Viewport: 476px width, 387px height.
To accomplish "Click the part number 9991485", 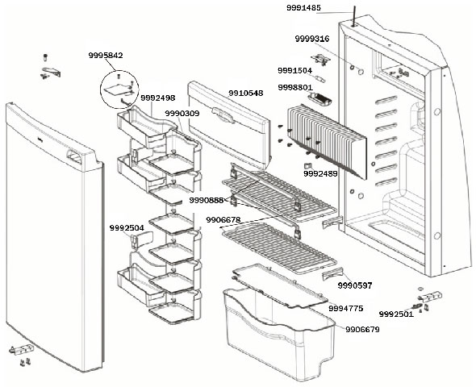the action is coord(303,8).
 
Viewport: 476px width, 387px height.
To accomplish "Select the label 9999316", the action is coord(312,39).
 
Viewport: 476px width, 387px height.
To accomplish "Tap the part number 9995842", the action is coord(106,55).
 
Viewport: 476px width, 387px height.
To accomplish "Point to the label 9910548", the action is coord(245,93).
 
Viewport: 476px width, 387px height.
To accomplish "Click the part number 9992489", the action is coord(320,173).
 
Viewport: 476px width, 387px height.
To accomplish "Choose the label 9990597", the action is coord(355,285).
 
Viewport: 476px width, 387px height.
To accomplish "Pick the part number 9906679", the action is coord(362,329).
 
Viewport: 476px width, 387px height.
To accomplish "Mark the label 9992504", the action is coord(127,228).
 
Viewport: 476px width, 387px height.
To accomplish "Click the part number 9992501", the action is coord(396,314).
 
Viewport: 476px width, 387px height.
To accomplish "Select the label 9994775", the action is coord(346,308).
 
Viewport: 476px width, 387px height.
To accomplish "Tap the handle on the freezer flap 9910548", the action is coord(223,114).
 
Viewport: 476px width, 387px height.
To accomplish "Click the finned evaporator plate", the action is coord(327,141).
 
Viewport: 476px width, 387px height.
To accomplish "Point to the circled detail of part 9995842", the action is coord(119,89).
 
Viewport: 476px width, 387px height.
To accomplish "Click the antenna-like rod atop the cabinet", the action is coord(354,16).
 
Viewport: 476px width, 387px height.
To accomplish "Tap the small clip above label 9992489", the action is coord(307,166).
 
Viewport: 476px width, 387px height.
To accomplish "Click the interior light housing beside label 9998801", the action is coord(319,98).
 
